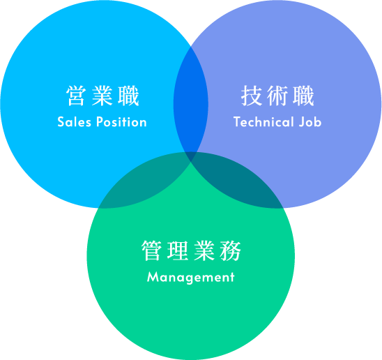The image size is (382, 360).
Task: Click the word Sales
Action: coord(74,121)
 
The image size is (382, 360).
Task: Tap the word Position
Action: coord(121,121)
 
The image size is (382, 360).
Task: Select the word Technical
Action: coord(263,121)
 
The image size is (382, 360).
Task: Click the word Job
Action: coord(310,121)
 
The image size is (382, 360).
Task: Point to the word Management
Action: coord(191,278)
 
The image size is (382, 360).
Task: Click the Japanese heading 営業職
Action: coord(102,96)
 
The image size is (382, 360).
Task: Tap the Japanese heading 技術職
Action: coord(277,96)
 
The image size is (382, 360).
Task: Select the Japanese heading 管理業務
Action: coord(191,250)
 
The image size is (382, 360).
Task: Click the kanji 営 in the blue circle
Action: coord(76,96)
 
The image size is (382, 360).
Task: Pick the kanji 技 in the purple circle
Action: coord(251,96)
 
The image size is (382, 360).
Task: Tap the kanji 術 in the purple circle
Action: coord(277,96)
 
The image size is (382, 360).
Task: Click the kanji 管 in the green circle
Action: coord(151,250)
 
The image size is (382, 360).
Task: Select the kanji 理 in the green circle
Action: coord(178,250)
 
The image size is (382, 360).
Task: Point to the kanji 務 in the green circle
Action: coord(231,250)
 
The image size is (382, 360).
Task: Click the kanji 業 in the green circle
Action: coord(204,250)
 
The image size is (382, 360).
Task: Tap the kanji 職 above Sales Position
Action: coord(129,96)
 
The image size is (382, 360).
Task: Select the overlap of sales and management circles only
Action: coord(144,181)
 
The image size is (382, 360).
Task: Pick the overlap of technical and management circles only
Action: coord(238,181)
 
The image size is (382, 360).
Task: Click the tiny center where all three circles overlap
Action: coord(191,156)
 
